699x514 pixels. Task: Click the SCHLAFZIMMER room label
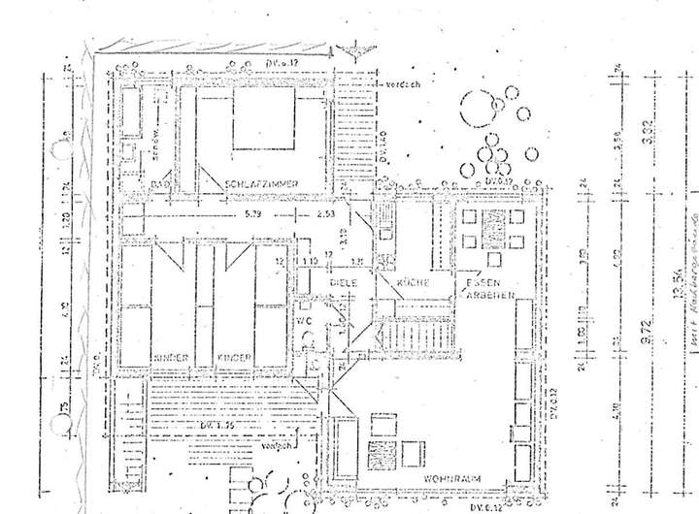click(x=261, y=184)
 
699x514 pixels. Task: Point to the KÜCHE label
click(x=385, y=282)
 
